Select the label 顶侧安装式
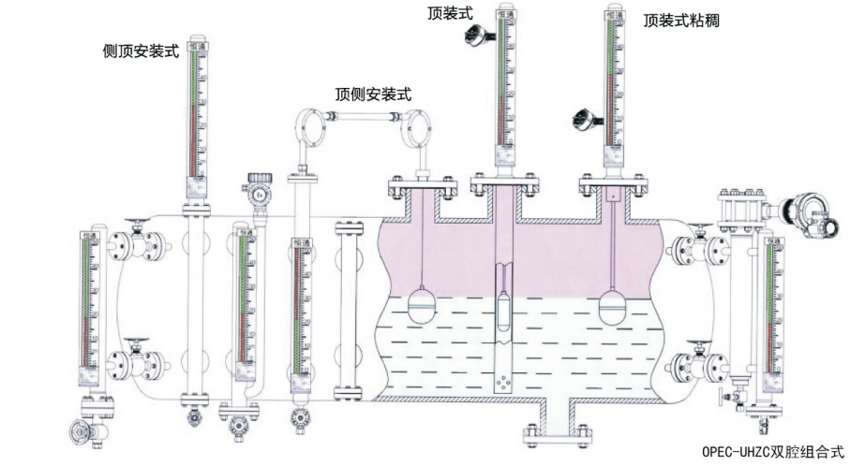coord(373,94)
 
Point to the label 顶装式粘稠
coord(681,20)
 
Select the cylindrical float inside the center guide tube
coord(504,308)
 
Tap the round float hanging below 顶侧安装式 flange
coord(421,302)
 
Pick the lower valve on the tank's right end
coord(695,361)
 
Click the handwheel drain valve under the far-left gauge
coord(80,431)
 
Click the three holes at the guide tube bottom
coord(504,383)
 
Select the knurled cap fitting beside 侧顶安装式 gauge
coord(256,191)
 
